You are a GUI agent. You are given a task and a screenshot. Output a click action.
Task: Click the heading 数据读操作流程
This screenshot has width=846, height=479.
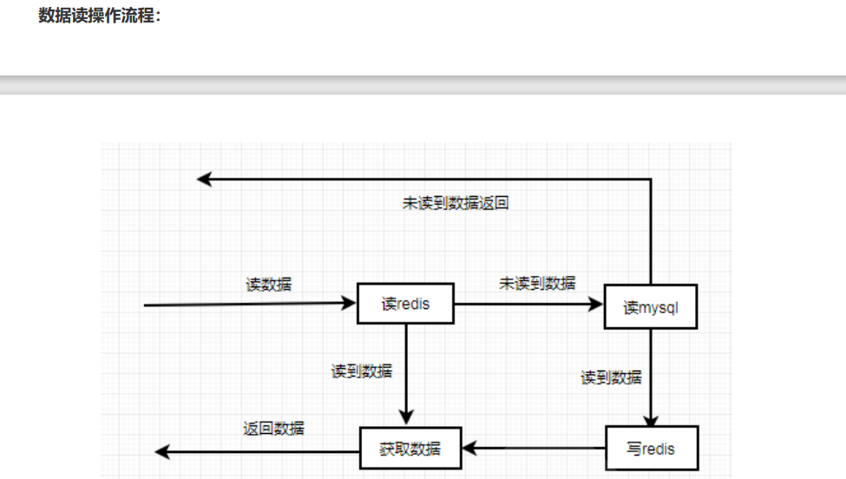coord(99,16)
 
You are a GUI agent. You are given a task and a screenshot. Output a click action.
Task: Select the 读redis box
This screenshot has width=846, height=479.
coord(406,304)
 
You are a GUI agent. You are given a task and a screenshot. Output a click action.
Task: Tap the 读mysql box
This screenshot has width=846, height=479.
coord(651,307)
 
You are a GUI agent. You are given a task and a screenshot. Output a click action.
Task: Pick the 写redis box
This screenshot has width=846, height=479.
coord(651,449)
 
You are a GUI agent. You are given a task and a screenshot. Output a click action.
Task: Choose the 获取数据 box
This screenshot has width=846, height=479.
coord(410,449)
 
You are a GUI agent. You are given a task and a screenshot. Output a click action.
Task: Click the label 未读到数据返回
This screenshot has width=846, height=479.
coord(456,204)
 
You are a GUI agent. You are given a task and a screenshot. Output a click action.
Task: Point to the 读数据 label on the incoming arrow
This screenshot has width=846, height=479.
coord(269,284)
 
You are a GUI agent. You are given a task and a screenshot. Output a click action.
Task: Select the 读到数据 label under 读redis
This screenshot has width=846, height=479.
coord(362,371)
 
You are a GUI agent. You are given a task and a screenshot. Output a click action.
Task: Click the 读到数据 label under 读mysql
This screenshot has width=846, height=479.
coord(612,377)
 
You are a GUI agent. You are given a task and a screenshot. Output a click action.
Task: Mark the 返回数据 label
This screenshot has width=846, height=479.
coord(273,428)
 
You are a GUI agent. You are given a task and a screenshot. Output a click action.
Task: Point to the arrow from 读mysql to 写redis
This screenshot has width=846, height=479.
coord(651,373)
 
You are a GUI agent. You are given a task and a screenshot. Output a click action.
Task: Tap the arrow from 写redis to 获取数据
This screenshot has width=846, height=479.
coord(534,449)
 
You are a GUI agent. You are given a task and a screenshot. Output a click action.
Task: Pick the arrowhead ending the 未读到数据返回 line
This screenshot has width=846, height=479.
coord(205,180)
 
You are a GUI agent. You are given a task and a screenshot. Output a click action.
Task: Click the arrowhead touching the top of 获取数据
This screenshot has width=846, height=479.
coord(406,418)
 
